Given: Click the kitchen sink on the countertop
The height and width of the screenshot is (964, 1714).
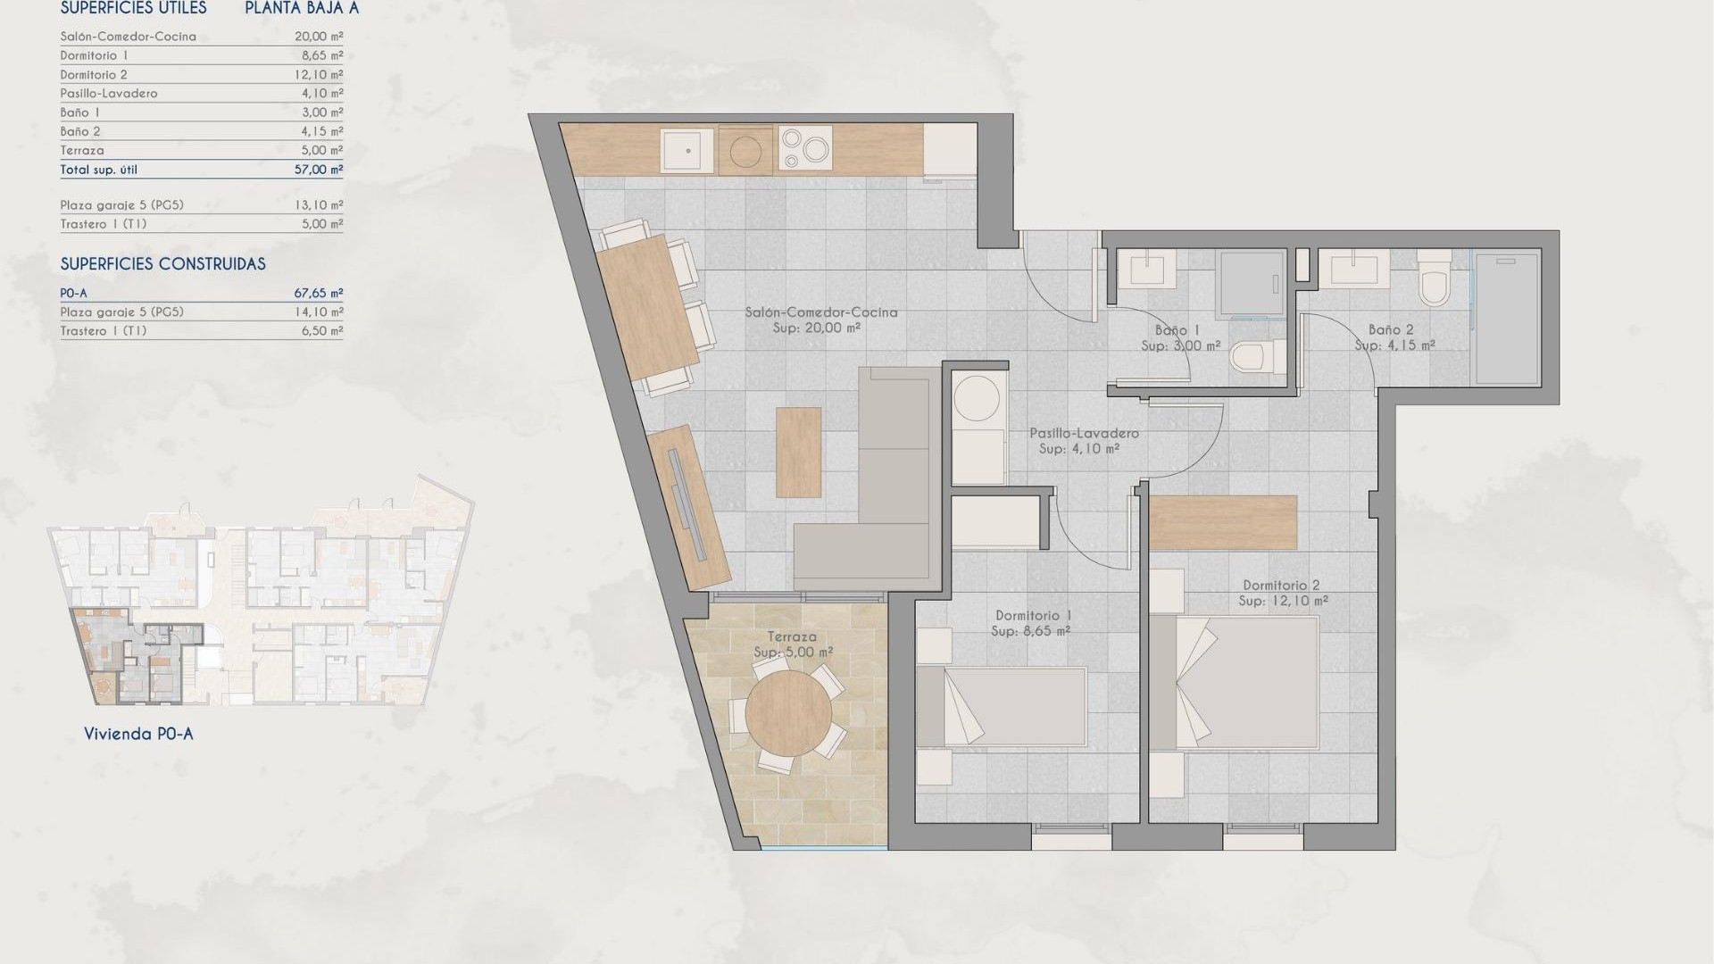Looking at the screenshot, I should tap(687, 150).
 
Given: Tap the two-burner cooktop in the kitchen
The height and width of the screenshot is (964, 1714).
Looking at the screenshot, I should tap(805, 148).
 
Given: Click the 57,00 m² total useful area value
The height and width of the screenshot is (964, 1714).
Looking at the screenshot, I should tap(319, 170).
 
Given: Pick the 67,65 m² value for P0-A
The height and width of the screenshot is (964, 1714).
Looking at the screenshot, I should tap(319, 293).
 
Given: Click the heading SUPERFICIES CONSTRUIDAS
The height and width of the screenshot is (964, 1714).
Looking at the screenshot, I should tap(162, 264).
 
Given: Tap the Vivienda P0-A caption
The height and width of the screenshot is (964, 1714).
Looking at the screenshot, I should tap(138, 734).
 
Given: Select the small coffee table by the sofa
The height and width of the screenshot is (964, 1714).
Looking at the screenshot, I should tap(798, 453).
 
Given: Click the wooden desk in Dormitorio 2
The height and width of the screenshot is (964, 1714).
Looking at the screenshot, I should tap(1222, 522).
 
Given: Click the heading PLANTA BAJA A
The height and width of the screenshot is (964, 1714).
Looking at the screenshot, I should tap(302, 9).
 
